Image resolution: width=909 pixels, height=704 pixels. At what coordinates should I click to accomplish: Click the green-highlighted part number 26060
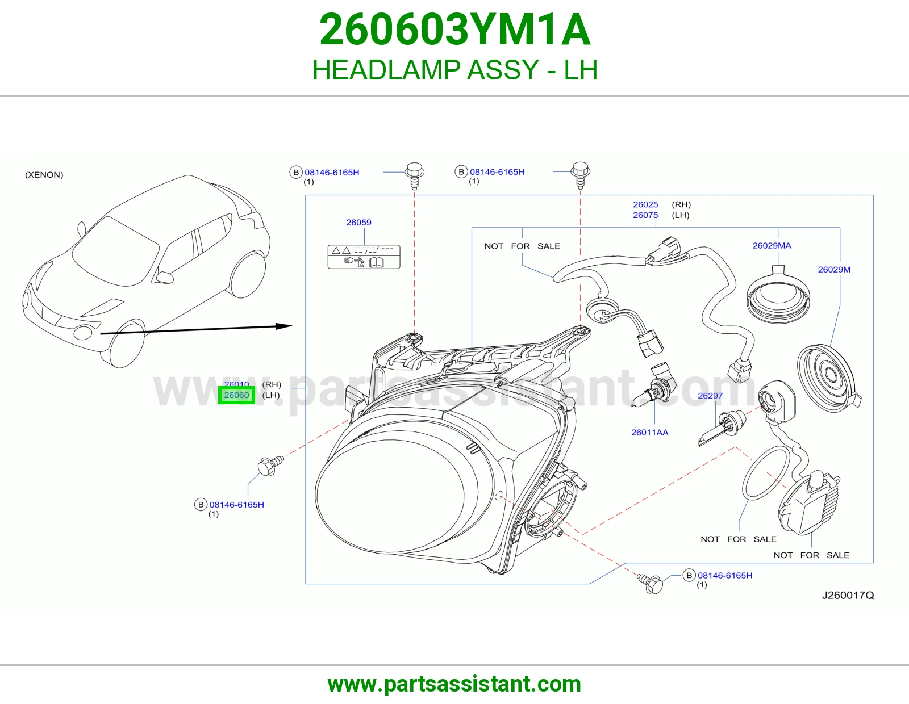[236, 395]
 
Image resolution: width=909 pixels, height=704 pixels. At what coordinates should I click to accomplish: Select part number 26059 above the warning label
[358, 223]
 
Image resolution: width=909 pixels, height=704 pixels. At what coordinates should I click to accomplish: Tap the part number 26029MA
[772, 246]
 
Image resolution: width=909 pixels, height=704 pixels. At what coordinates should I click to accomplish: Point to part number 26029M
[834, 270]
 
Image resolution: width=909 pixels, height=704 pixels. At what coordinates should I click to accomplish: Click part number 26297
[710, 396]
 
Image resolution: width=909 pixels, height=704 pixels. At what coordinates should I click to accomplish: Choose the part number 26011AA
[649, 432]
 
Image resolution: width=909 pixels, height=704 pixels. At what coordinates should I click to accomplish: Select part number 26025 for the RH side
[645, 204]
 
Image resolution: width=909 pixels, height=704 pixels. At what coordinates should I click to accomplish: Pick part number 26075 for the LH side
[645, 215]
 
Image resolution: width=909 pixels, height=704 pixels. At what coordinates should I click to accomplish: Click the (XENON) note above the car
[44, 175]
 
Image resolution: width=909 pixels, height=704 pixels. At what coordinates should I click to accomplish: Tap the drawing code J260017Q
[848, 596]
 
